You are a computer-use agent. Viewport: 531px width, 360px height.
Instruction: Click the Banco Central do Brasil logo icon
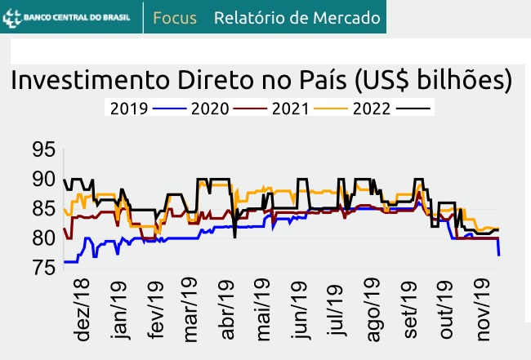point(13,16)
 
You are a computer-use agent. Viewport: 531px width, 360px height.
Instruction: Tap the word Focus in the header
point(175,17)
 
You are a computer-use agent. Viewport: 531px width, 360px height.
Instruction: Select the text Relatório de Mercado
point(297,17)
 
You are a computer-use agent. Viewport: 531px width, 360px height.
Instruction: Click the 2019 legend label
point(128,108)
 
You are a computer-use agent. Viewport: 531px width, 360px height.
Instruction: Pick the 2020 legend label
point(209,108)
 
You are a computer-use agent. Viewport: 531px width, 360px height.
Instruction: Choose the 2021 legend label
point(290,108)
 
